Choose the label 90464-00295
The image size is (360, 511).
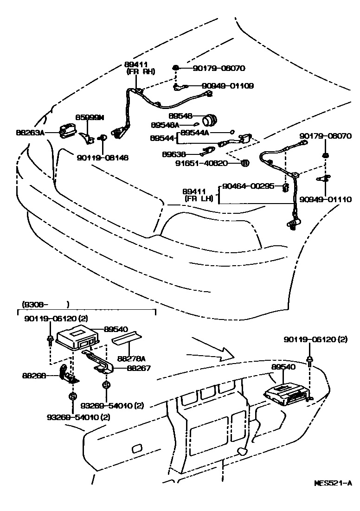tap(249, 186)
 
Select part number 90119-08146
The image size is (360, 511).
tap(103, 158)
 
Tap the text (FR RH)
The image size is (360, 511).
tap(140, 72)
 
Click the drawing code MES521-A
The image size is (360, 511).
tap(333, 483)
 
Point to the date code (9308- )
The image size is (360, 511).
tap(45, 304)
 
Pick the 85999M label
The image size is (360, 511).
tap(90, 117)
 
